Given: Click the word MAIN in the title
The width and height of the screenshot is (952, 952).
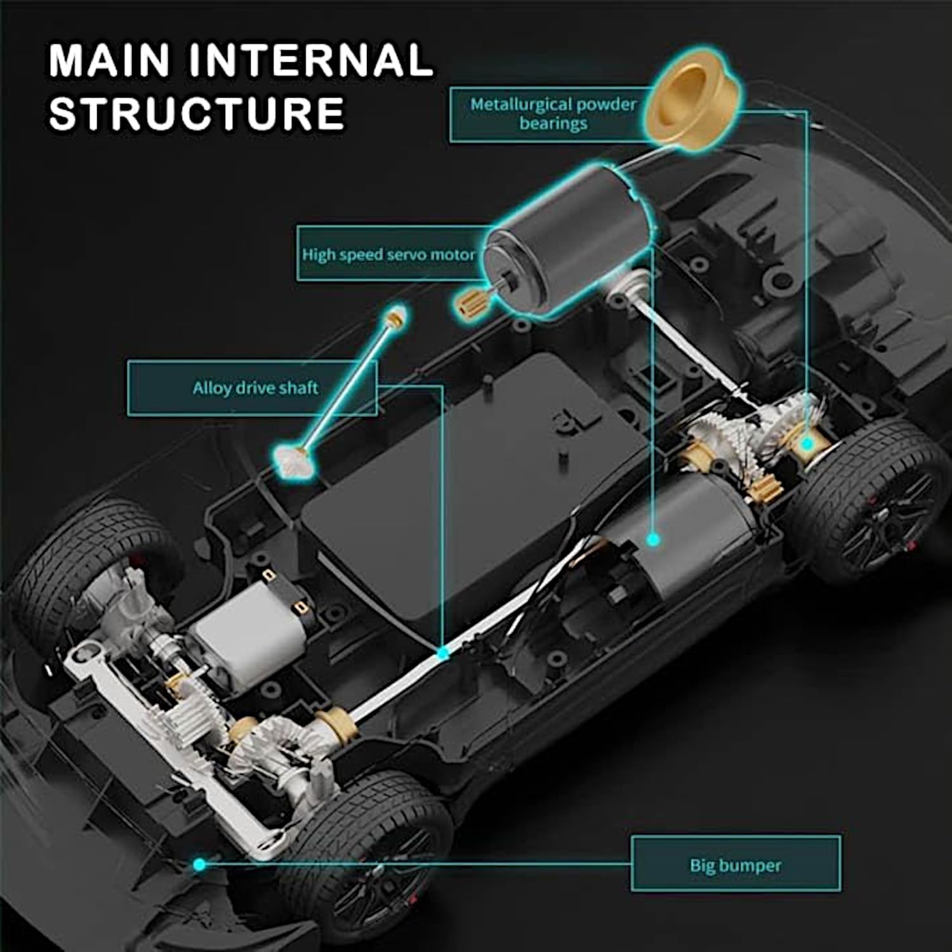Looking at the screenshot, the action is click(110, 60).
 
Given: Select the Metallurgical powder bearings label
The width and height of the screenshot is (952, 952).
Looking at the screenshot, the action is click(553, 114).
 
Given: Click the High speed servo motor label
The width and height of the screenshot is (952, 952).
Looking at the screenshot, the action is click(388, 255).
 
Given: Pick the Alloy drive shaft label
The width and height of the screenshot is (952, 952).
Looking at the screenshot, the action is click(255, 388).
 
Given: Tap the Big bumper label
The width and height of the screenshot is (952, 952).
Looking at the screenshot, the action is click(736, 865).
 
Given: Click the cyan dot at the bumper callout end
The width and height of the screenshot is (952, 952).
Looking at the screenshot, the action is click(199, 864).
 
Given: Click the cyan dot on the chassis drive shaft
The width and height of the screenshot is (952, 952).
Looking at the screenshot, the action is click(443, 652).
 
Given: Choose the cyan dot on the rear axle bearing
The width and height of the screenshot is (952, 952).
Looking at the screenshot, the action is click(806, 444).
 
